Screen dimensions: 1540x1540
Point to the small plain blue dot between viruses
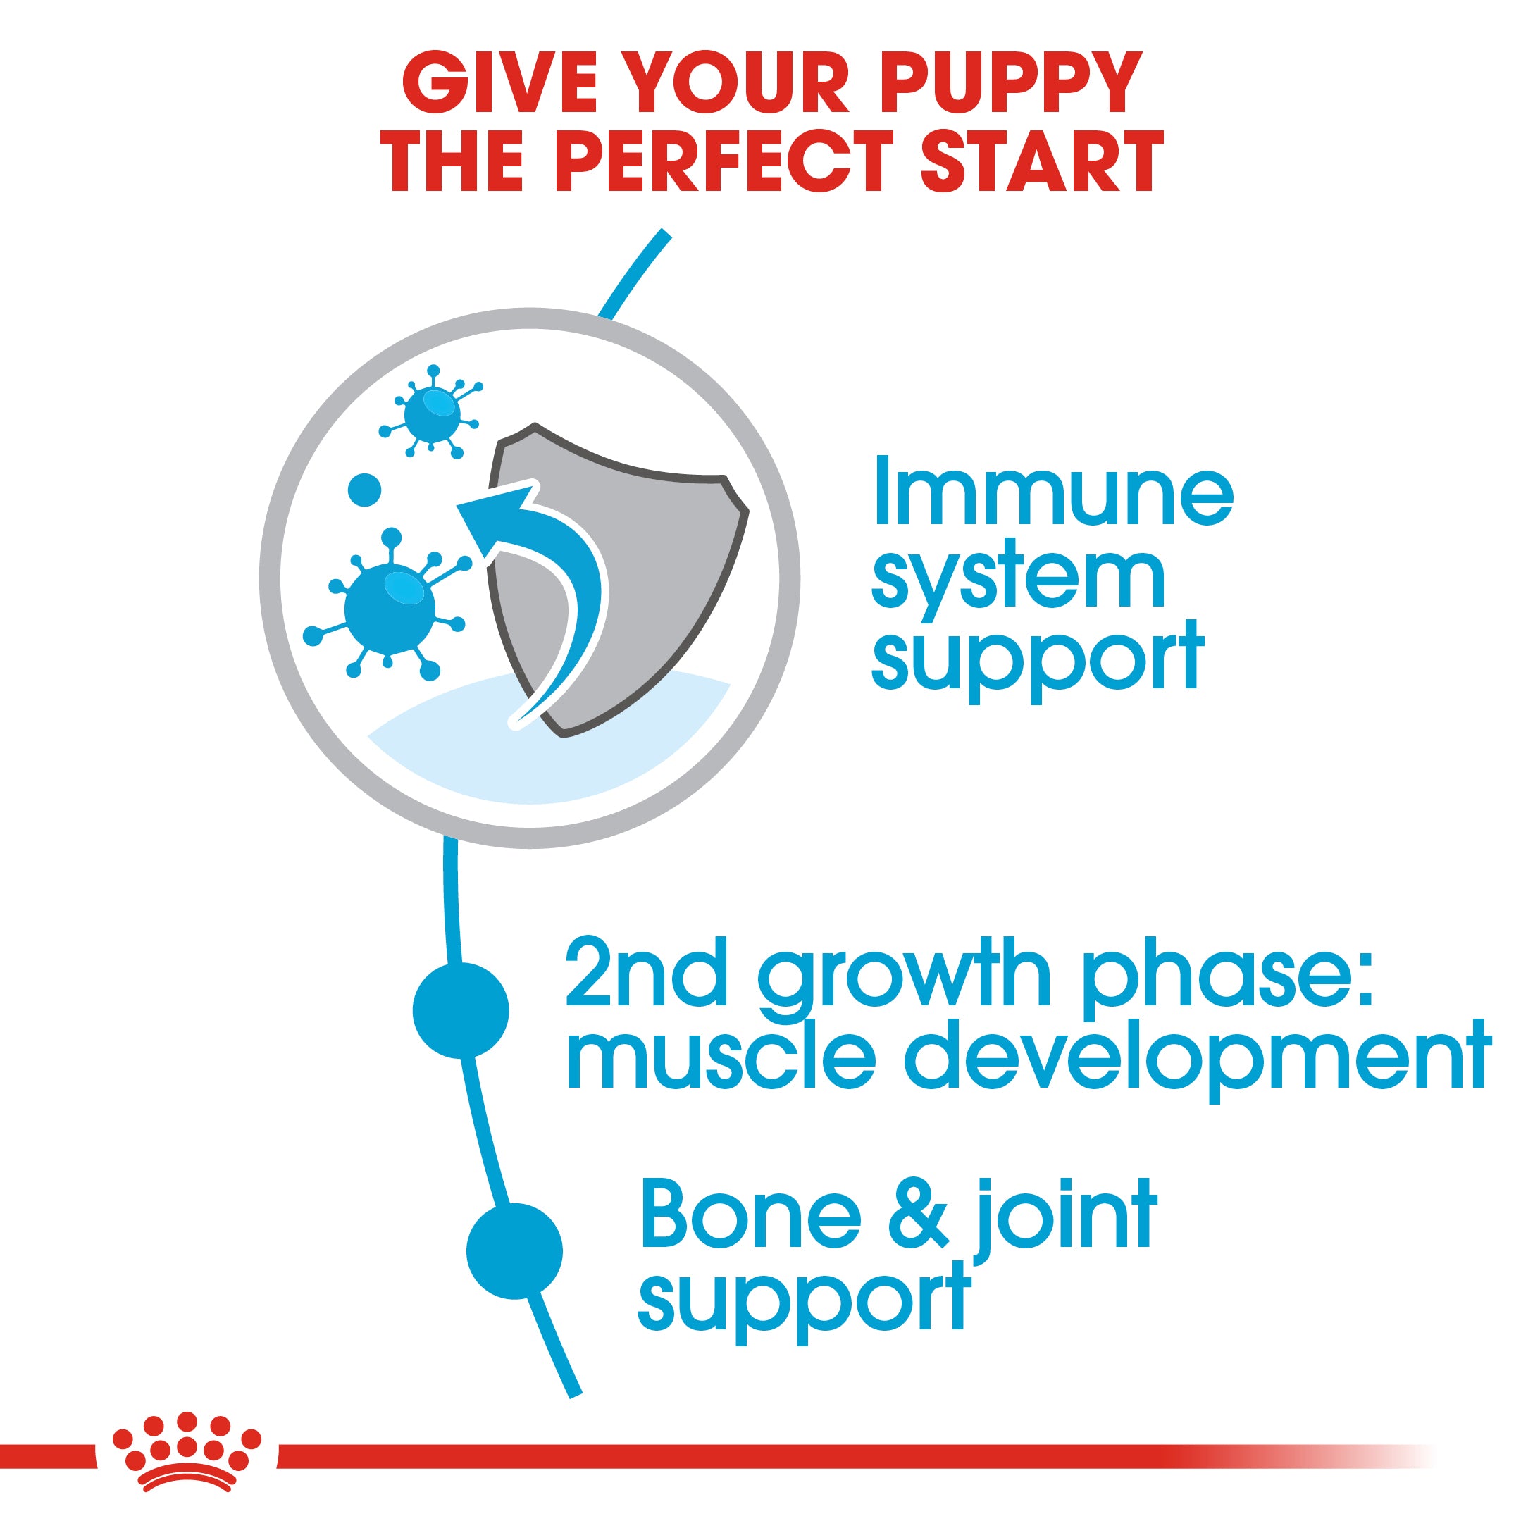tap(365, 490)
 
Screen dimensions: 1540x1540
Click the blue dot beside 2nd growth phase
tap(461, 1010)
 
